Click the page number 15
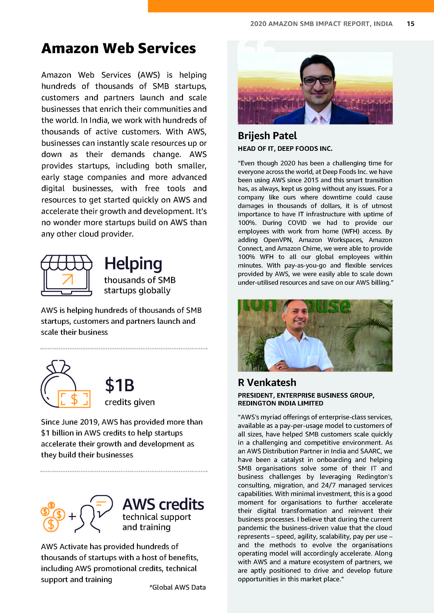[410, 24]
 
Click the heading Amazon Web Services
[118, 48]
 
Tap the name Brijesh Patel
[267, 136]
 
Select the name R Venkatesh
[267, 382]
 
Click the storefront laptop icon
[67, 275]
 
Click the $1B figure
[120, 385]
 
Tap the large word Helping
[133, 264]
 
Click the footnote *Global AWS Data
[178, 587]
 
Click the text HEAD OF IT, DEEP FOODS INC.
[285, 149]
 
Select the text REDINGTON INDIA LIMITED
[281, 403]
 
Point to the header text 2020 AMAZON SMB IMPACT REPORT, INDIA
[321, 24]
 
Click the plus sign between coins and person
[72, 516]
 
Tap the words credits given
[130, 402]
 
